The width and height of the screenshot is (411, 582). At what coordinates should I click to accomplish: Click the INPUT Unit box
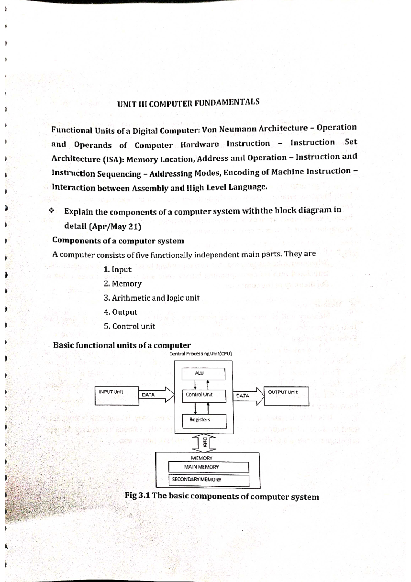click(117, 396)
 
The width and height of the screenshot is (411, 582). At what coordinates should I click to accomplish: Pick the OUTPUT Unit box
click(286, 396)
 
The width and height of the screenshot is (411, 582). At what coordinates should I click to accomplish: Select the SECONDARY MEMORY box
click(209, 480)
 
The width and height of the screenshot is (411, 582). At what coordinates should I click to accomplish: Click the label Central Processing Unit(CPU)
click(200, 354)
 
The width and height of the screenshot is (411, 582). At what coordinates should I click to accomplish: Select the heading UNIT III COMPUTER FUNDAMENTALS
click(188, 103)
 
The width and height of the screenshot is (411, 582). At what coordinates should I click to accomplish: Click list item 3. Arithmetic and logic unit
click(151, 298)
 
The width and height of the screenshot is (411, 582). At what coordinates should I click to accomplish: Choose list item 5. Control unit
click(129, 326)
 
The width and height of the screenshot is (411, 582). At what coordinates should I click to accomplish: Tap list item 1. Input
click(117, 269)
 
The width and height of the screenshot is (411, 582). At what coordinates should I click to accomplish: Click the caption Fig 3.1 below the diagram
click(222, 496)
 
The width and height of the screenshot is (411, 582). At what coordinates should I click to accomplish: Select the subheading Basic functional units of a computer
click(122, 345)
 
